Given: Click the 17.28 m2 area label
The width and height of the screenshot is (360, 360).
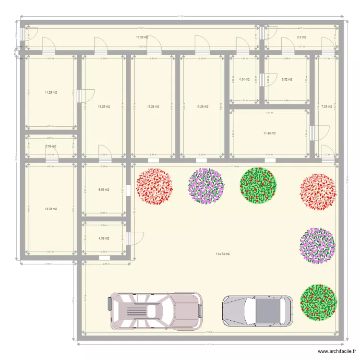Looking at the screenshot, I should pos(142,37).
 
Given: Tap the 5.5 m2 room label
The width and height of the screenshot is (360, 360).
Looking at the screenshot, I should pos(301,37).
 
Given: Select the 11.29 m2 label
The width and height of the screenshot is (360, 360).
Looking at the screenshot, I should pos(51,92).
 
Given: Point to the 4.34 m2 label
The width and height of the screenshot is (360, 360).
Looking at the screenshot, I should pos(244,79).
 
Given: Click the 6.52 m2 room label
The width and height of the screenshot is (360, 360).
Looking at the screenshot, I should pos(287,79).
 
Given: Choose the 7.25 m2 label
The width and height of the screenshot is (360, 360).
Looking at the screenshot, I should pos(327,107).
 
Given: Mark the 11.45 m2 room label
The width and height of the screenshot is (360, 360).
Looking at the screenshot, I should pos(269,133).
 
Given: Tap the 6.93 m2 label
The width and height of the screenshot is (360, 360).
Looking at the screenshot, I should pos(104,190).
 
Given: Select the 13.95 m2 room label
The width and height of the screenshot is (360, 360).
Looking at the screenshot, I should pos(51,209).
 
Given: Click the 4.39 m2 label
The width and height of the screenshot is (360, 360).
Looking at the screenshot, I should pos(104,238).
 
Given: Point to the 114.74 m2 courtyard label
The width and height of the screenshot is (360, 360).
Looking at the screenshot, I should pos(222,254).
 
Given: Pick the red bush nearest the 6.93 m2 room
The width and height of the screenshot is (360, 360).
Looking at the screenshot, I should pos(154,187).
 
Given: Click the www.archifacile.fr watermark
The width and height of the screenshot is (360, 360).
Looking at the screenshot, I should pos(331,352).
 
